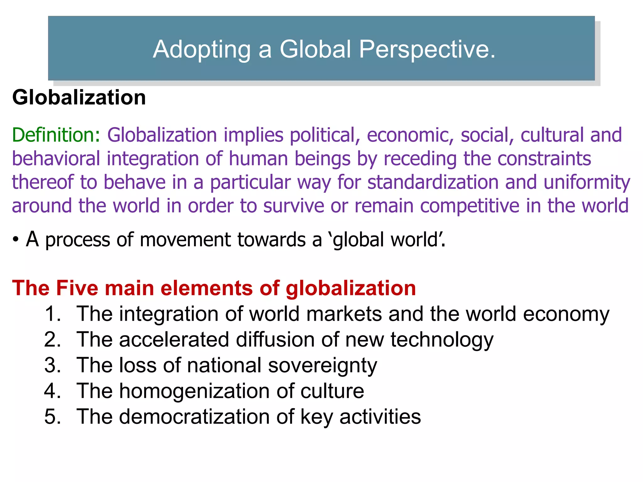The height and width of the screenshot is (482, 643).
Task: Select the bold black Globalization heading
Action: [79, 98]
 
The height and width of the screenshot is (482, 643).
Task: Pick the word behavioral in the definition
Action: [56, 159]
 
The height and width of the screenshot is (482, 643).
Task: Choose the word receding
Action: [420, 159]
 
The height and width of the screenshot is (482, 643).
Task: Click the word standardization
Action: [433, 182]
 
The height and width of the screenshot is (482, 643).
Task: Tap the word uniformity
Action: [587, 182]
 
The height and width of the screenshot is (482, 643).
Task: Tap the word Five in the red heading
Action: [77, 288]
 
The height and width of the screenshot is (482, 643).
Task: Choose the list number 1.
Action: [52, 314]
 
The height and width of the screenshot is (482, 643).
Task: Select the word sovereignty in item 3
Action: [322, 366]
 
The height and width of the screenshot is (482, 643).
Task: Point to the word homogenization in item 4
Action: [194, 391]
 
